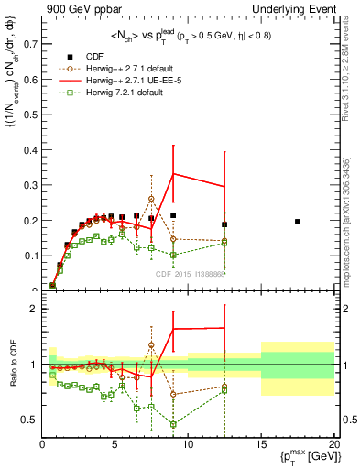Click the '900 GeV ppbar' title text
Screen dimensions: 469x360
(x=78, y=8)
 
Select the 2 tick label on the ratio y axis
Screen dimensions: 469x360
(x=33, y=309)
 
